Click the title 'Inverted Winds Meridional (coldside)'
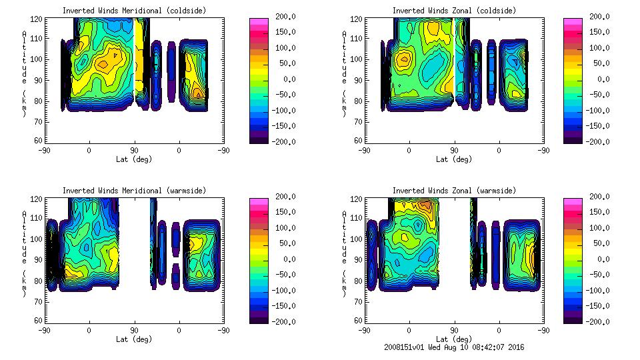(x=135, y=11)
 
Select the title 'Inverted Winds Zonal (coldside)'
(x=454, y=11)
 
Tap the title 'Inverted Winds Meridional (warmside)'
(x=135, y=191)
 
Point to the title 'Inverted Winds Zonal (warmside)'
(x=454, y=191)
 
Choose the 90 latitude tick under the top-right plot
(x=454, y=151)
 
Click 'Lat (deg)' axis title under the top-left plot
(x=135, y=159)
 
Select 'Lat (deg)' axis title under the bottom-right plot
(x=454, y=339)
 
